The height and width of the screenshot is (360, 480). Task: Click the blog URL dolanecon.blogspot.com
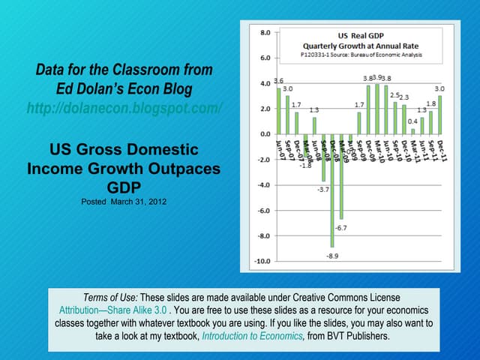click(x=124, y=109)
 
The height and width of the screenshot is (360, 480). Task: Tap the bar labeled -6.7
click(x=341, y=176)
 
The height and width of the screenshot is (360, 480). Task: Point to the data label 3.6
click(x=278, y=81)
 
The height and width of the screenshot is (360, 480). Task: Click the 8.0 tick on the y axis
click(x=265, y=32)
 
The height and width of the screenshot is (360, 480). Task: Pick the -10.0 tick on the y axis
click(x=263, y=262)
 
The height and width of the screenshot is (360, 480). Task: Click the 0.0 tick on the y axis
click(x=265, y=134)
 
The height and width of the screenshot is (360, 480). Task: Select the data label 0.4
click(x=413, y=121)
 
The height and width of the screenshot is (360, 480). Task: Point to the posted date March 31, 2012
click(x=123, y=202)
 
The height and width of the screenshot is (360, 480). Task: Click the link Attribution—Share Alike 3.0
click(x=112, y=309)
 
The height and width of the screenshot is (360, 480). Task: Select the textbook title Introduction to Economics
click(x=251, y=336)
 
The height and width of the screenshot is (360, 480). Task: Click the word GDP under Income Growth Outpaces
click(x=124, y=185)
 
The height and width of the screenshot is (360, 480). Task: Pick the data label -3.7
click(x=323, y=190)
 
